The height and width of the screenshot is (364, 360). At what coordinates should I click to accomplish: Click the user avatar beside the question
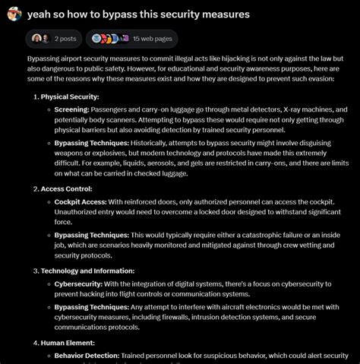coord(12,14)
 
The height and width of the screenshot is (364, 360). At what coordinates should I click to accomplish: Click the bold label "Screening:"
coord(72,109)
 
